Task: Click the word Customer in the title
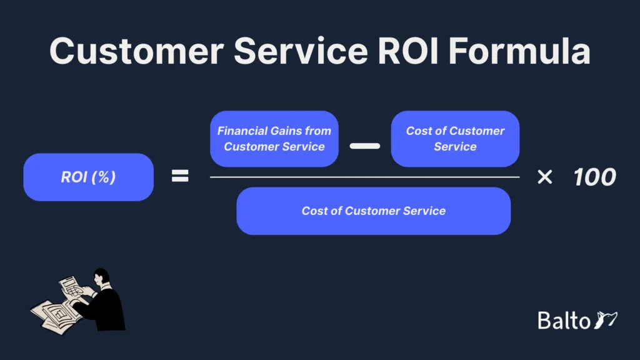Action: click(x=134, y=51)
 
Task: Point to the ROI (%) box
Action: click(x=88, y=177)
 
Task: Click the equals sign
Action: click(x=180, y=177)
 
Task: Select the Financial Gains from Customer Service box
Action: click(x=274, y=139)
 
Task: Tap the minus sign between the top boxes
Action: click(x=364, y=146)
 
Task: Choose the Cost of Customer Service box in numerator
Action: click(x=455, y=139)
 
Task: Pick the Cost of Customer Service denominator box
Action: click(x=373, y=211)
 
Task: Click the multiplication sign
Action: click(x=544, y=177)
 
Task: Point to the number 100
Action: click(x=594, y=177)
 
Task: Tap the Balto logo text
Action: click(x=564, y=321)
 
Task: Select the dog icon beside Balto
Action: click(x=606, y=319)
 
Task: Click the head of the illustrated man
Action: click(x=101, y=277)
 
